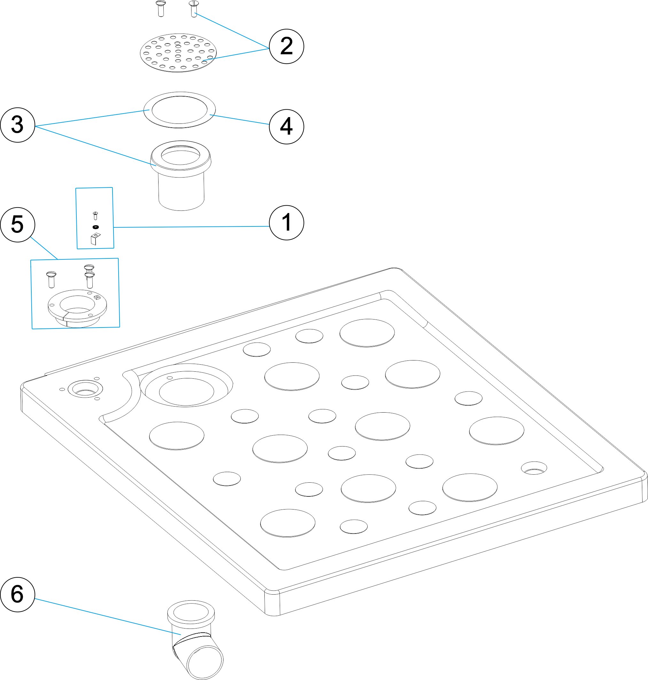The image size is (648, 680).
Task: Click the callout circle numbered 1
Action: tap(286, 223)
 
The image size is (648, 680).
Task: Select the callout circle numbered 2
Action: tap(286, 46)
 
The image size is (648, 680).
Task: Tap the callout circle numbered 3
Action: tap(18, 125)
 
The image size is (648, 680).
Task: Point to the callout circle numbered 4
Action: tap(286, 126)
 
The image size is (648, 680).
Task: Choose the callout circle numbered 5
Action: tap(18, 225)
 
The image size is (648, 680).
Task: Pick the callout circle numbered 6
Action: tap(18, 594)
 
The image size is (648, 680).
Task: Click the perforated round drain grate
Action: tap(178, 53)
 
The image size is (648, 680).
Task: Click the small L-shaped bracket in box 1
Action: tap(95, 238)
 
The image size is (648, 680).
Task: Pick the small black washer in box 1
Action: tap(96, 227)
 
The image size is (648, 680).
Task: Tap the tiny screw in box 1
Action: tap(96, 216)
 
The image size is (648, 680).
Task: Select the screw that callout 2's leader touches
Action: tap(193, 9)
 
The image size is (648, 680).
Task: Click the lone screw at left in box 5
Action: tap(51, 279)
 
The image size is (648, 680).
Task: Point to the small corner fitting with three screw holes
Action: tap(85, 389)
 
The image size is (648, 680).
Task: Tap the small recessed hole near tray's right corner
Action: tap(534, 468)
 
